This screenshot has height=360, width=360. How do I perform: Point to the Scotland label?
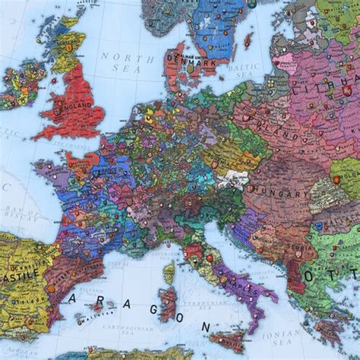(67, 47)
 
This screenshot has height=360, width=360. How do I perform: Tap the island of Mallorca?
(98, 308)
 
